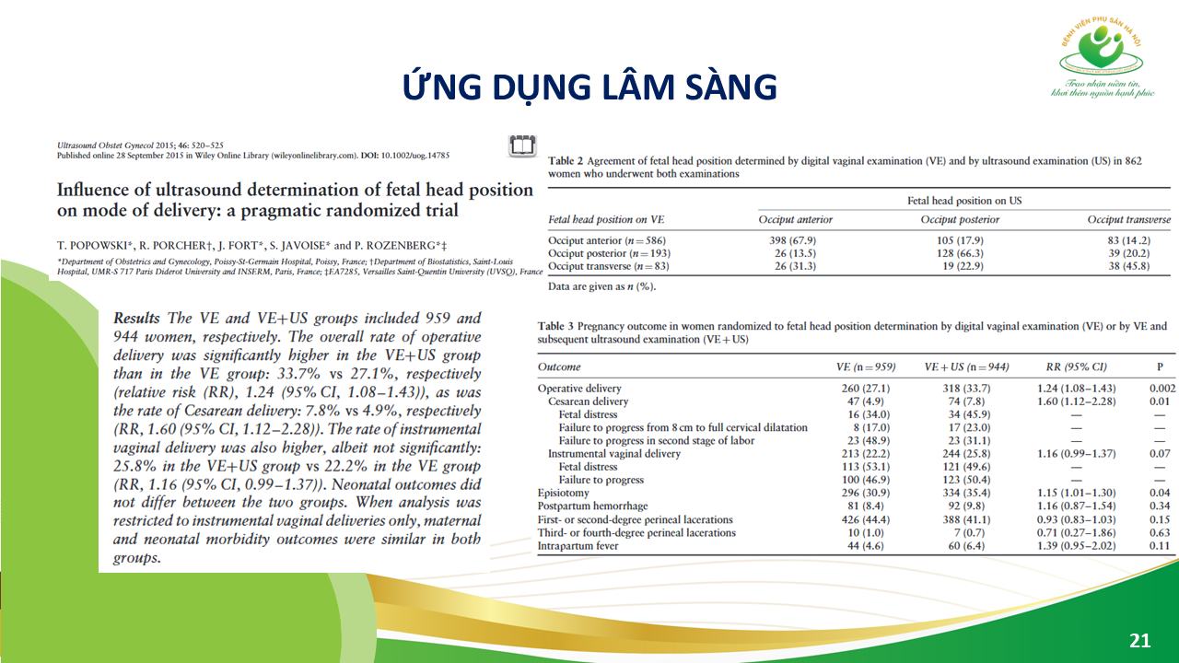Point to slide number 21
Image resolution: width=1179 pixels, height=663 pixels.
1139,640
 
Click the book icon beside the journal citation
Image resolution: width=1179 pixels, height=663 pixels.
520,145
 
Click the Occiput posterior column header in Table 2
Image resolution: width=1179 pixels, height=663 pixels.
960,220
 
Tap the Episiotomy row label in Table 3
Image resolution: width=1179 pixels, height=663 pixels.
564,493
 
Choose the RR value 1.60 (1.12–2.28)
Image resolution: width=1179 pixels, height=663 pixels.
1075,401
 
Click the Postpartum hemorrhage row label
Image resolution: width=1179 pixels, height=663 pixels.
593,506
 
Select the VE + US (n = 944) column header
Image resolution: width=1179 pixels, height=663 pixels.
966,366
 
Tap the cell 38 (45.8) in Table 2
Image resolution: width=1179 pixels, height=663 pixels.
1129,266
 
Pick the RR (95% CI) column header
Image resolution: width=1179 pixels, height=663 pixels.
1075,366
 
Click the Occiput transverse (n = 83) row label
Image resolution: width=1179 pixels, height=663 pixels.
608,266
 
